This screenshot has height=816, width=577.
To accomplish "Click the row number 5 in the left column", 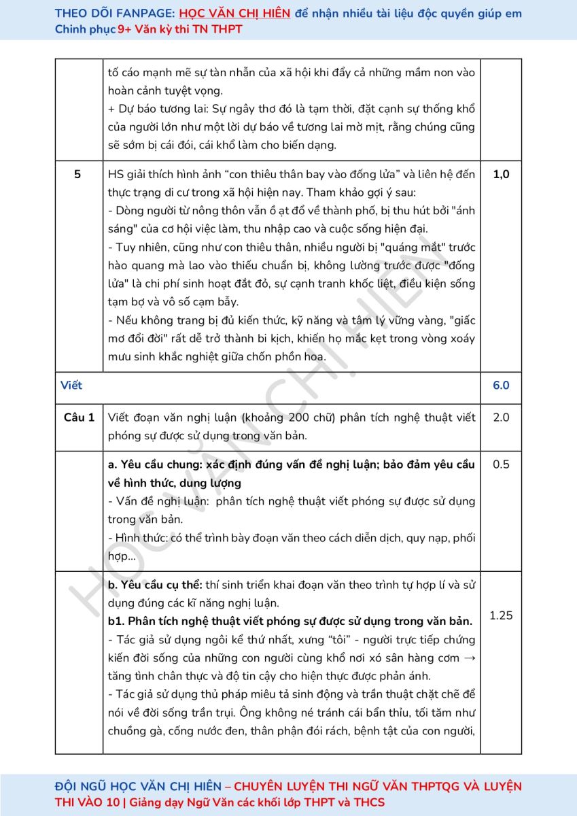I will (x=77, y=174).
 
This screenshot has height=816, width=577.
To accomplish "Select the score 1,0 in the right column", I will (x=501, y=174).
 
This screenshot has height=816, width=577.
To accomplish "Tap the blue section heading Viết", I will (x=71, y=385).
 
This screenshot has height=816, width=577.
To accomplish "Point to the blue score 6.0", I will (x=501, y=385).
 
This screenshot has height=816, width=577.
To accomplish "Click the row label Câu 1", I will (x=80, y=417).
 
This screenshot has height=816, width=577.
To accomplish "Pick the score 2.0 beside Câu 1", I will (x=501, y=417).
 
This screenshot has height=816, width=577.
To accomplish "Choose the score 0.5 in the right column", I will (x=501, y=464).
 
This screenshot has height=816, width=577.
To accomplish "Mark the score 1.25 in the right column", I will (x=501, y=615).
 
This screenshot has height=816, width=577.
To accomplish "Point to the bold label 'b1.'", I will (x=116, y=622).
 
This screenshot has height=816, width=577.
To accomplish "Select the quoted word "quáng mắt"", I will (x=353, y=247).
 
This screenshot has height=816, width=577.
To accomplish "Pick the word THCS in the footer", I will (x=368, y=802).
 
